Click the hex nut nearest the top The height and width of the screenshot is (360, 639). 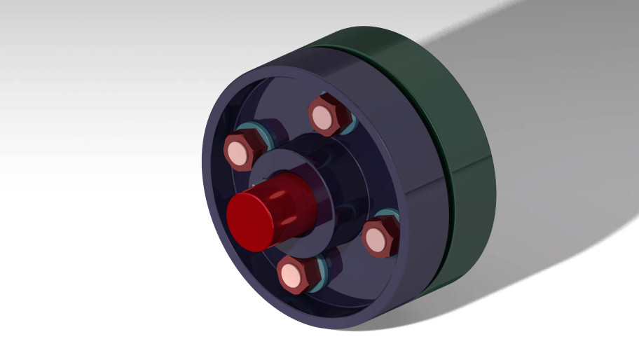(327, 116)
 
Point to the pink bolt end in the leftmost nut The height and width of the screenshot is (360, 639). (239, 153)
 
